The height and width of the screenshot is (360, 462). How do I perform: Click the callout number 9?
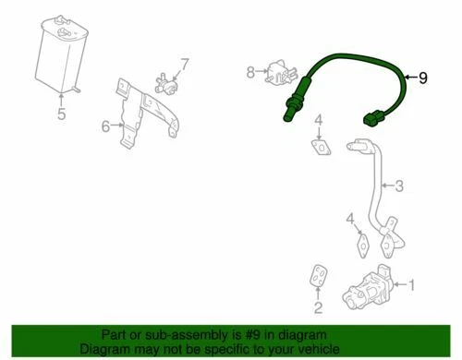click(423, 78)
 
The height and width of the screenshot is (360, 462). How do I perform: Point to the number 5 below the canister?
click(61, 115)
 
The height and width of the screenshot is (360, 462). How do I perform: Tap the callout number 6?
click(105, 125)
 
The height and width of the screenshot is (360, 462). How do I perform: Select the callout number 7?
click(183, 64)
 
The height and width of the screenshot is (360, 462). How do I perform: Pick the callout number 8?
click(249, 70)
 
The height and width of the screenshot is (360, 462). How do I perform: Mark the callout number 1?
click(413, 286)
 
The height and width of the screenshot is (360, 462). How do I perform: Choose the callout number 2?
click(318, 307)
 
